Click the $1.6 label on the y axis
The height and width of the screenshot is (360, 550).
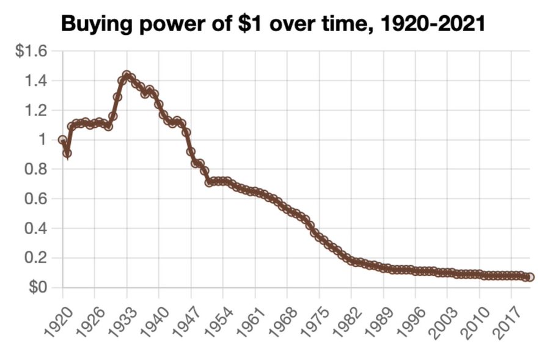[31, 51]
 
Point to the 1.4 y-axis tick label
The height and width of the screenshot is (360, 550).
[35, 81]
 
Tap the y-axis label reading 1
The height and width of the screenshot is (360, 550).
[42, 140]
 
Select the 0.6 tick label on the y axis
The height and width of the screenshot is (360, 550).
[35, 199]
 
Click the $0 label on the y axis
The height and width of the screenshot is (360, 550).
[36, 287]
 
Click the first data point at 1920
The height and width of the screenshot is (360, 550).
[62, 140]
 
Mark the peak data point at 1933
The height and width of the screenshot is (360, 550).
[127, 76]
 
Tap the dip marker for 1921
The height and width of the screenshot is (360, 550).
[67, 153]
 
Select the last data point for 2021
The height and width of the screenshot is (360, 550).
[530, 277]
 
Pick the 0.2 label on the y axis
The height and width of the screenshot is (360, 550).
[35, 258]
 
